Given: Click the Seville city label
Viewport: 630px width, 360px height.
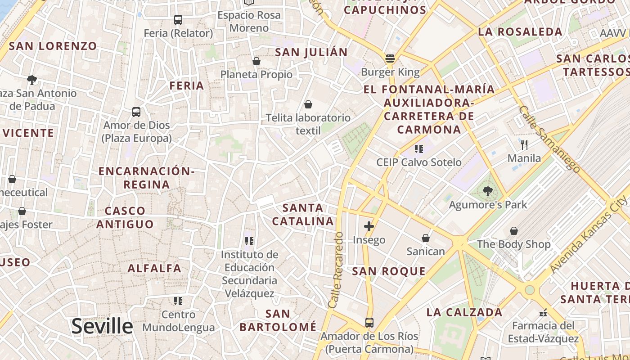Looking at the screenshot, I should point(102,326).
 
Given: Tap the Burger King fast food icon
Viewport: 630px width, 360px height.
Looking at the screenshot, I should point(390,58).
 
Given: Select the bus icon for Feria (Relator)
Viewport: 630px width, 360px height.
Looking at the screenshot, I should point(178,20).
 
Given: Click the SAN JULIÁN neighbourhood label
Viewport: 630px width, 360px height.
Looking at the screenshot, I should point(311,52).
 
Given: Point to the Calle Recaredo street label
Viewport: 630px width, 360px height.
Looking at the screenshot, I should point(336,270).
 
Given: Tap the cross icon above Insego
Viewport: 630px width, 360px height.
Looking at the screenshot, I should point(369,226).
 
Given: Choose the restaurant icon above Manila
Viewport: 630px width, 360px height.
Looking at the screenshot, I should point(524,144).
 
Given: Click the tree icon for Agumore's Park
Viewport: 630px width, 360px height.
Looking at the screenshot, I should point(487,191).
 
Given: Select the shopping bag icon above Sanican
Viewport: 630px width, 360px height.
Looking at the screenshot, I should point(425,238).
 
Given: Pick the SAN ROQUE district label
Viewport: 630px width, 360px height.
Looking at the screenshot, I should point(389,271).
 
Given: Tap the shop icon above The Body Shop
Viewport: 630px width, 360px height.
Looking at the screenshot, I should point(513,231).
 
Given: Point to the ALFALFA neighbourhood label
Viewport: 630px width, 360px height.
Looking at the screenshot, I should point(154,269).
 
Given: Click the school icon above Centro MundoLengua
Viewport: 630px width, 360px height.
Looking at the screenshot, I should point(178,301).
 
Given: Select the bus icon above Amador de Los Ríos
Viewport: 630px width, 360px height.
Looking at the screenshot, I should point(369,322).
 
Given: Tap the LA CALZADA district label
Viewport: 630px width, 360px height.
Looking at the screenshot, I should point(464,312).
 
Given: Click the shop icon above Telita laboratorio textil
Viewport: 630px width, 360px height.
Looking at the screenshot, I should point(308,104).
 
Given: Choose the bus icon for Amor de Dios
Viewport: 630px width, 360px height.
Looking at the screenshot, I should point(136,112).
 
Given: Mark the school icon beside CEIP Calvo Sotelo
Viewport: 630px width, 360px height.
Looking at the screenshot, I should point(419,148).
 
